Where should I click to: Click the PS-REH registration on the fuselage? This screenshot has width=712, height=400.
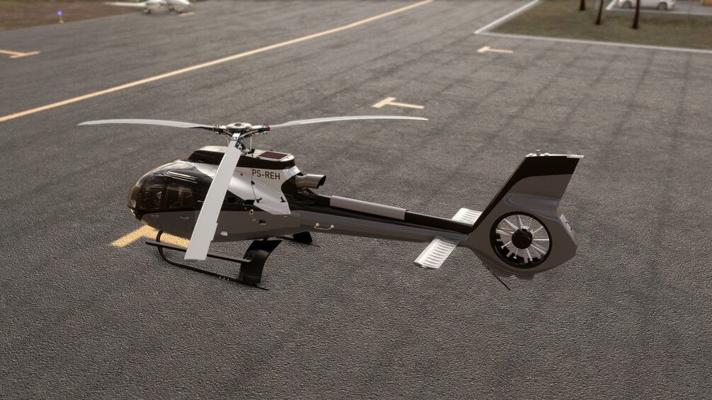tap(266, 174)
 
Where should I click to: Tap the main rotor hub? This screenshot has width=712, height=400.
tap(239, 127)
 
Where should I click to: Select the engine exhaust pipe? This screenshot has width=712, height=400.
tap(311, 181)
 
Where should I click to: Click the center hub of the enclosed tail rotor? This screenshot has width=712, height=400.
tap(521, 239)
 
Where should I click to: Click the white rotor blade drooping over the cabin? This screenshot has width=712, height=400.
tap(213, 200)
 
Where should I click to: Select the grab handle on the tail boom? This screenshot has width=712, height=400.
tap(324, 227)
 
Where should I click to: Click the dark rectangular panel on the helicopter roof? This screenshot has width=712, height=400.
tap(272, 156)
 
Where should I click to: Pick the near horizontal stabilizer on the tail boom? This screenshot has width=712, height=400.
tap(436, 252)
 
